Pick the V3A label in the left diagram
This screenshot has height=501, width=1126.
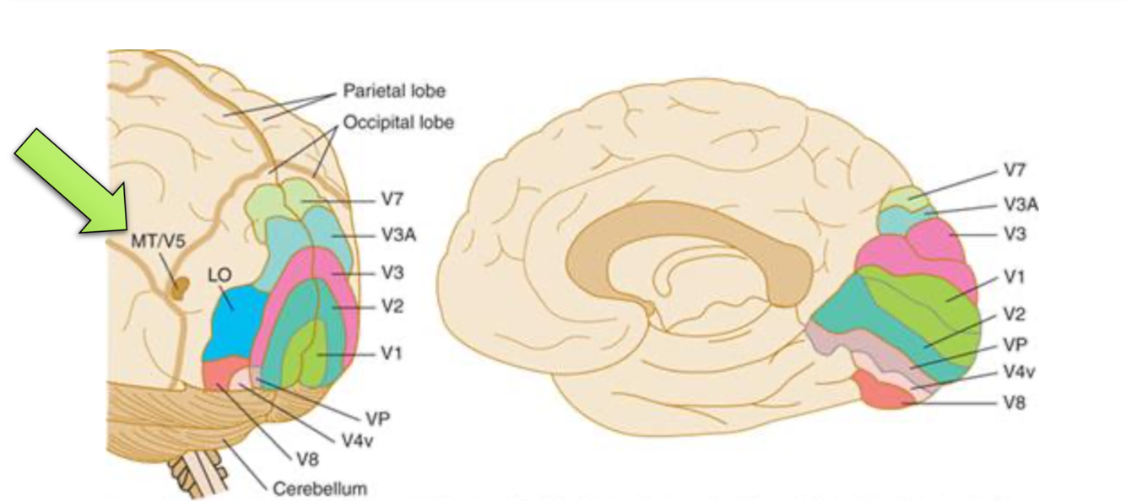pos(398,235)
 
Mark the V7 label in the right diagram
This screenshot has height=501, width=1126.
pos(1015,171)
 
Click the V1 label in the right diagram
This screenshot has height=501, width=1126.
pos(1015,277)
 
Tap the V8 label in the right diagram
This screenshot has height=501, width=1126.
pos(1015,402)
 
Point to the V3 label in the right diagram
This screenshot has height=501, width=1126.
pos(1015,234)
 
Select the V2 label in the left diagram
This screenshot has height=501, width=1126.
pos(391,307)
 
